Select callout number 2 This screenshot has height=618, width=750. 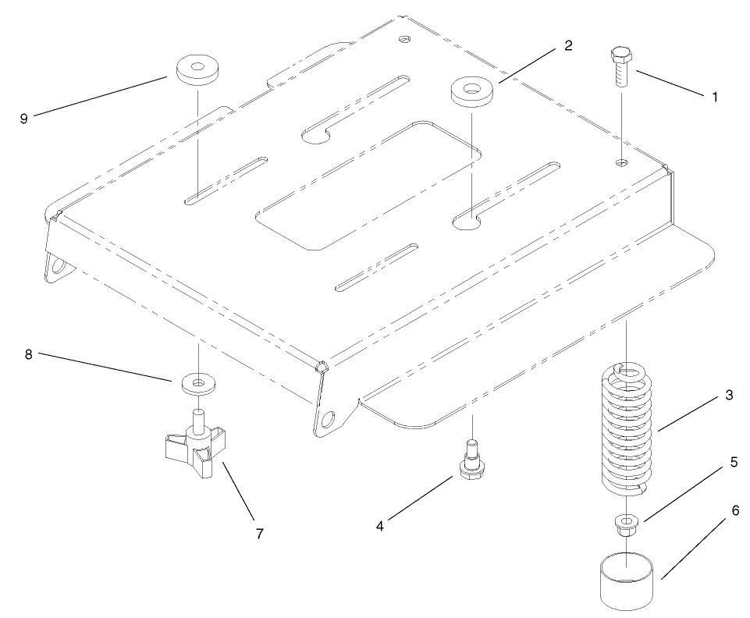[568, 45]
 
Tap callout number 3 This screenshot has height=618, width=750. [728, 396]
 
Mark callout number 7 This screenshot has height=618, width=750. [259, 534]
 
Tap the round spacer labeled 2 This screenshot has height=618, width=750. [471, 91]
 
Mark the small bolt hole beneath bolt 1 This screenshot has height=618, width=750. [620, 162]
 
